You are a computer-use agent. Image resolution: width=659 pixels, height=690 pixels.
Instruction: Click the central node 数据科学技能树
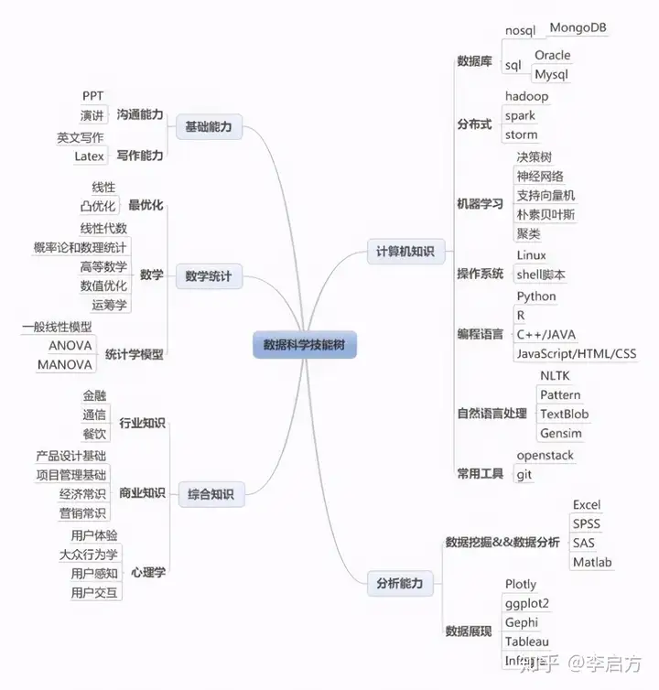[304, 345]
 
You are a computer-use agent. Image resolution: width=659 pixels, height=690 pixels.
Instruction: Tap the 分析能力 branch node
[399, 583]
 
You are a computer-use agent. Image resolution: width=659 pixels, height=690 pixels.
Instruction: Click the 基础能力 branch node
[209, 126]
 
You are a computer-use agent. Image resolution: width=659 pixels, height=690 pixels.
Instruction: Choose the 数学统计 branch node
[209, 275]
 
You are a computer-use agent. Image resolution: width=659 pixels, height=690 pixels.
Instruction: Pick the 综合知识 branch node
[209, 495]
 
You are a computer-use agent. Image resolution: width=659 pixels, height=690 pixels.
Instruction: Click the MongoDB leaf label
[578, 27]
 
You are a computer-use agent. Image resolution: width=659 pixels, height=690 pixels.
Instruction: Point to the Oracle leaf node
[552, 55]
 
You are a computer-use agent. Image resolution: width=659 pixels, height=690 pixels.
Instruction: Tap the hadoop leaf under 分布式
[526, 96]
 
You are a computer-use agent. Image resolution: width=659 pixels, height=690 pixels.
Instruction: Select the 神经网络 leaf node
[540, 177]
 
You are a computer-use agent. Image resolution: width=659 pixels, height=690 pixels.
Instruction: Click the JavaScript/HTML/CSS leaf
[576, 353]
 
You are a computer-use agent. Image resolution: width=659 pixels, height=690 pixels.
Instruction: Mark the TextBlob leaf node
[564, 414]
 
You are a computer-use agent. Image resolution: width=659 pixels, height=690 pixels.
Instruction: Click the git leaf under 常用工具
[524, 474]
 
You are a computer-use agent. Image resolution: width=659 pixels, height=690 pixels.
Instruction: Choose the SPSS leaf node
[587, 523]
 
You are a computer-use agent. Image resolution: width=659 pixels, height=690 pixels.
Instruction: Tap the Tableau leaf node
[526, 641]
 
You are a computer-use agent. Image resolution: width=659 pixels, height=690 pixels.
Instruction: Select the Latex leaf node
[89, 156]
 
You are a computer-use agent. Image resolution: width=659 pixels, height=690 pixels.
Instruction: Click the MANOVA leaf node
[64, 364]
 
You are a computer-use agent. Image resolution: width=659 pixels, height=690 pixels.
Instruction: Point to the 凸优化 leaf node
[98, 206]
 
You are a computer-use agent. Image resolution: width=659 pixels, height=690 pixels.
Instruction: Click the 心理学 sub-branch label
[148, 572]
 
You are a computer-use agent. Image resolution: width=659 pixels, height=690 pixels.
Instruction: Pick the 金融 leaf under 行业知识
[94, 395]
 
